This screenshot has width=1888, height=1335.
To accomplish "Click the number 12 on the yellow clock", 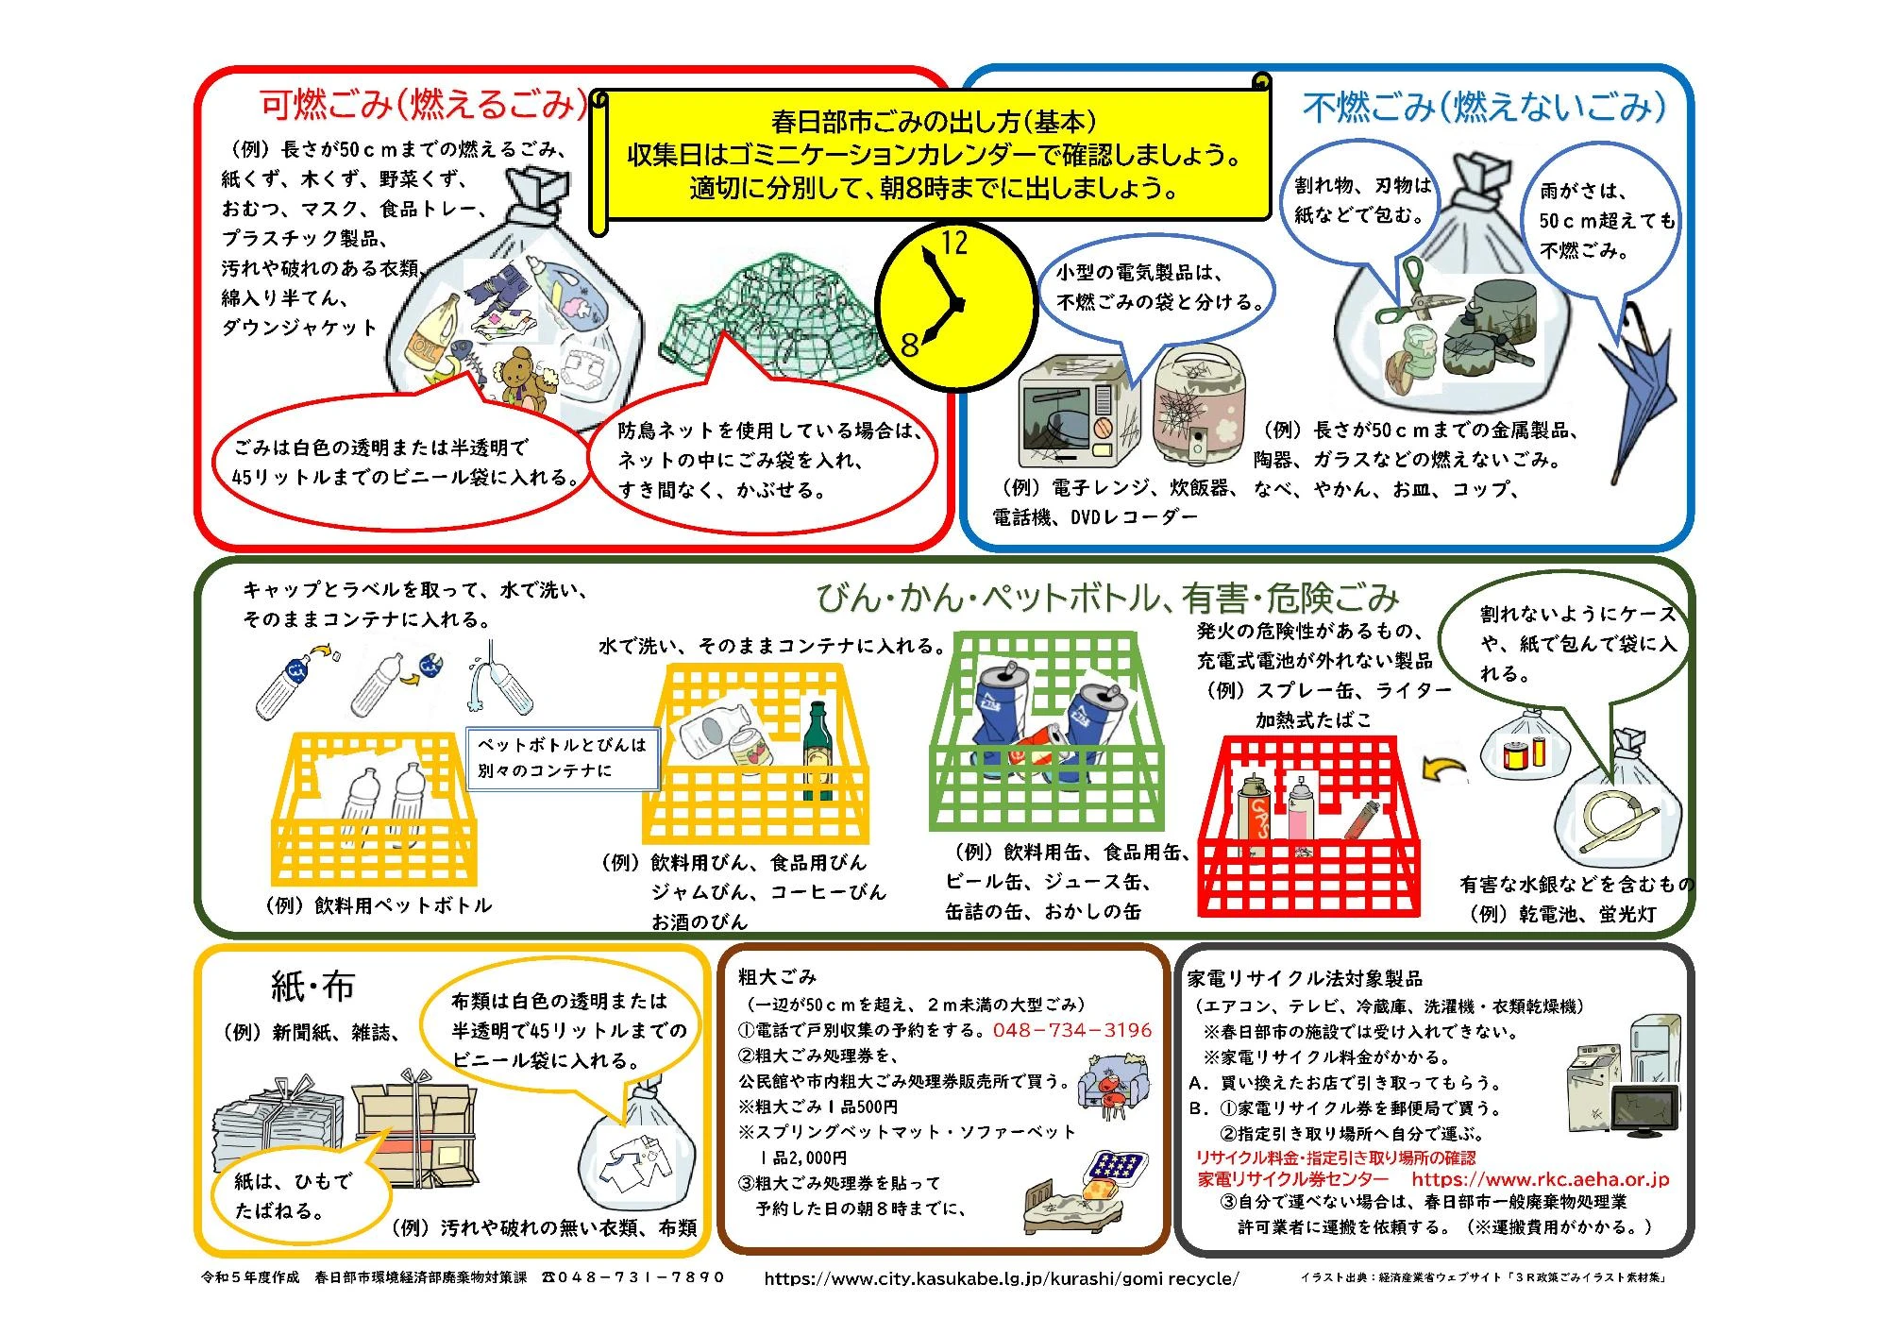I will click(954, 244).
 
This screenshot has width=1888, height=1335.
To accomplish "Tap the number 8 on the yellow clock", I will click(909, 345).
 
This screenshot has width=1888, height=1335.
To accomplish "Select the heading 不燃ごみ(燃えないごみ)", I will click(1484, 108).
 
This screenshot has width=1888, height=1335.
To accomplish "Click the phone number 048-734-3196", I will click(1071, 1030).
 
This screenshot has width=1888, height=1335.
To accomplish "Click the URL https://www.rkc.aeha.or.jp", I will click(1541, 1179).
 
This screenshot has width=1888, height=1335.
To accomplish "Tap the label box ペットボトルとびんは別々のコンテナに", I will click(563, 757).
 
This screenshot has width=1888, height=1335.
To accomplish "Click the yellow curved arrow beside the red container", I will click(1443, 769).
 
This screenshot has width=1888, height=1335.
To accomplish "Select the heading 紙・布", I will click(312, 987).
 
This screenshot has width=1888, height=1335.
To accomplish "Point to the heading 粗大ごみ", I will click(777, 976).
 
